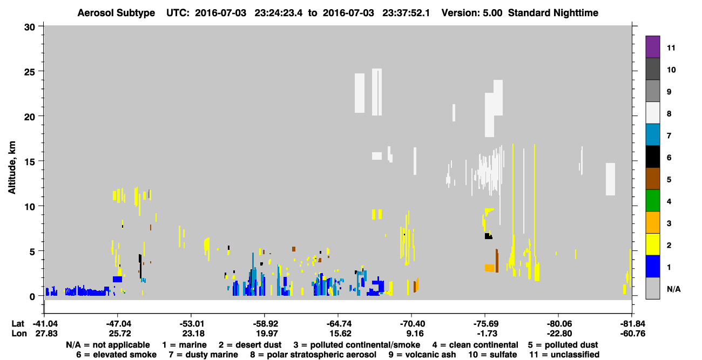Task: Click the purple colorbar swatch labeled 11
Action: coord(652,47)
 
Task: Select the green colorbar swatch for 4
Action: coord(652,201)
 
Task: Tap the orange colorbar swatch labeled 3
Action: coord(652,222)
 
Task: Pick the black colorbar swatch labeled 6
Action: coord(652,157)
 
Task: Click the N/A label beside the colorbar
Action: coord(673,289)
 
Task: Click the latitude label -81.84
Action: coord(632,324)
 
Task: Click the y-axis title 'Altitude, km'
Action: coord(12,168)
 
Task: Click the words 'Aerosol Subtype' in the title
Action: coord(116,13)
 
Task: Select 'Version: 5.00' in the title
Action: coord(472,13)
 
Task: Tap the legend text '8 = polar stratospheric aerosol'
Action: coord(313,355)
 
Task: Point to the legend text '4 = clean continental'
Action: coord(475,345)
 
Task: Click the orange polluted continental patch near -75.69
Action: coord(490,268)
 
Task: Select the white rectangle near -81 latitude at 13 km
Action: coord(610,179)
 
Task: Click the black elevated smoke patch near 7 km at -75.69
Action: coord(488,236)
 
